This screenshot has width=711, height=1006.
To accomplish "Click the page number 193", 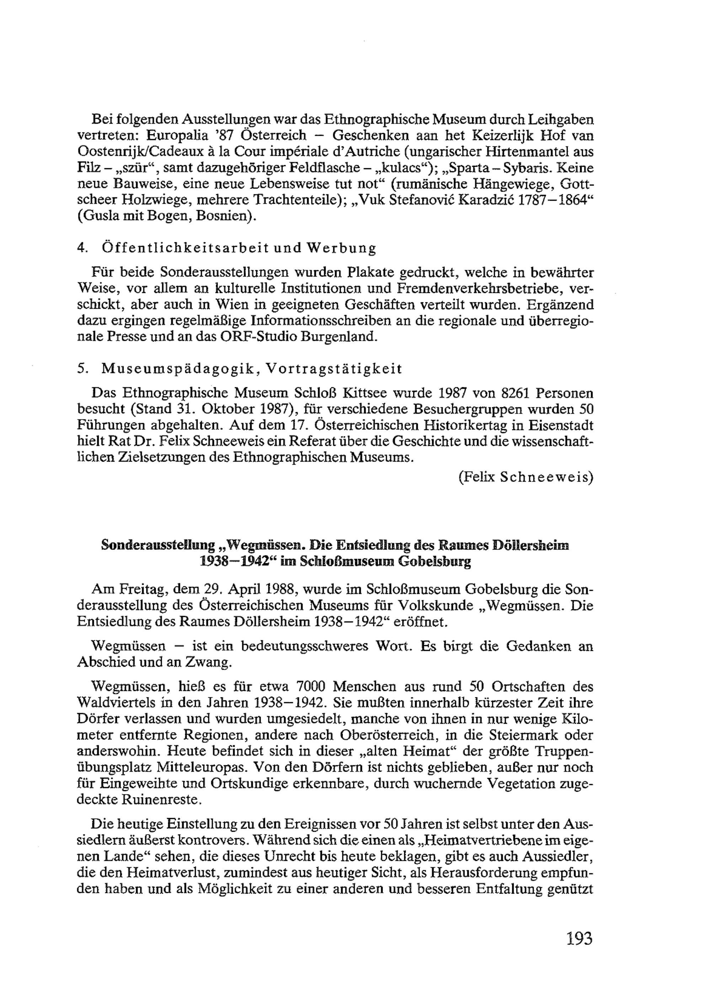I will click(579, 939).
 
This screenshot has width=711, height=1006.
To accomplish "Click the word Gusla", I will click(96, 217).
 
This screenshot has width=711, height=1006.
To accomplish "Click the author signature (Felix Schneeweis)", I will click(525, 477).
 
